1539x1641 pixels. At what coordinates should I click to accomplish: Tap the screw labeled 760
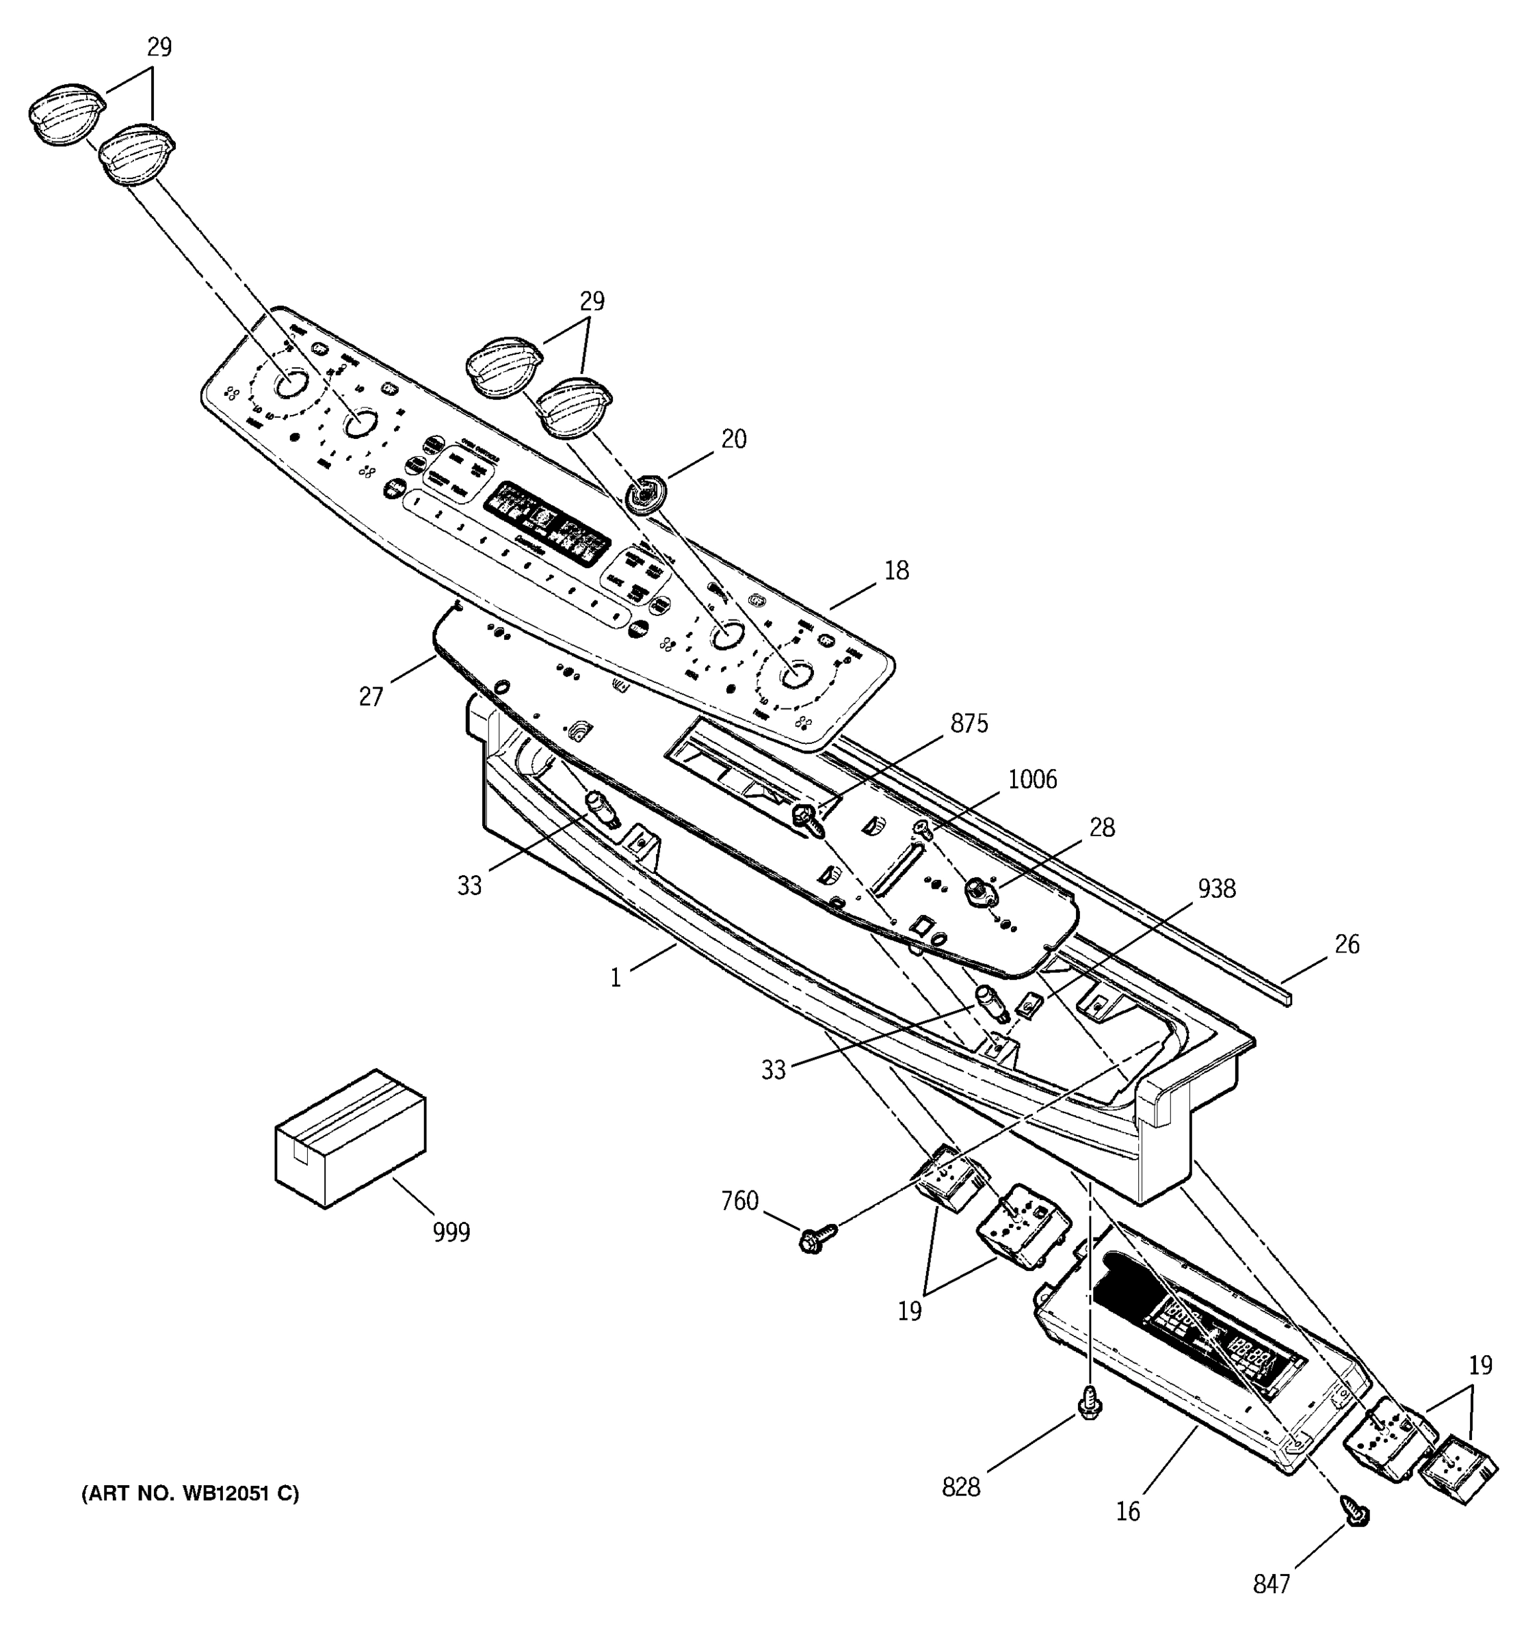[x=816, y=1238]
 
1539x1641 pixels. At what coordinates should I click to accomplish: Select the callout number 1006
[x=1032, y=779]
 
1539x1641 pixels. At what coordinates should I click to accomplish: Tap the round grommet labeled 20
[x=645, y=494]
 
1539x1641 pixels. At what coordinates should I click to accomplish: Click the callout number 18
[x=896, y=570]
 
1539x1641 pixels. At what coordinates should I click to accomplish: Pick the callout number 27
[x=371, y=697]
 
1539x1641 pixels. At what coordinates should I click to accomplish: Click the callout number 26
[x=1347, y=944]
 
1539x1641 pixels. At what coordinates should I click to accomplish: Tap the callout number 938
[x=1216, y=888]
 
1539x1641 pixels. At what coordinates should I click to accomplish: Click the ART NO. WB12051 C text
[x=190, y=1493]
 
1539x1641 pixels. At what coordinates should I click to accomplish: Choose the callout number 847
[x=1271, y=1584]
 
